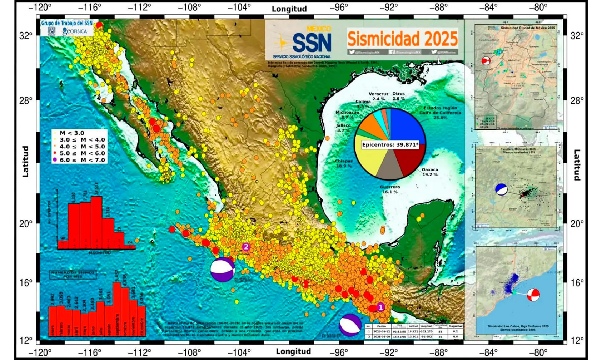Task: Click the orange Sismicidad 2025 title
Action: pos(402,39)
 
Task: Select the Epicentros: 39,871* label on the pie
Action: pos(390,145)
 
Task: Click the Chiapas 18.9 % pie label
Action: pos(343,163)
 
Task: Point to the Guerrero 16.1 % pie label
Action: pos(390,189)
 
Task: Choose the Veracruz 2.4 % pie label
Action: pos(378,96)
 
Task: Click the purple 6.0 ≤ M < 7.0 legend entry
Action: pos(79,160)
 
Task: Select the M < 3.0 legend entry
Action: pos(72,133)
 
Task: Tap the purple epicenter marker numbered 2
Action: pos(245,247)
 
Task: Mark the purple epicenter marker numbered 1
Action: pos(380,307)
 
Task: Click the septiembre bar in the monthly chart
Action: pos(117,309)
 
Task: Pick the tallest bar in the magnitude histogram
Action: pos(96,222)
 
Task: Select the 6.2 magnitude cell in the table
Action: pos(455,331)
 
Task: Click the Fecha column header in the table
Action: pos(382,326)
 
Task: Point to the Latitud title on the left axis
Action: pos(25,161)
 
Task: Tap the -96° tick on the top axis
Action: pos(339,7)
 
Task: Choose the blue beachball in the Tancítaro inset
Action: pos(501,189)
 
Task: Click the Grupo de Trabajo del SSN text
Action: pos(67,23)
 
